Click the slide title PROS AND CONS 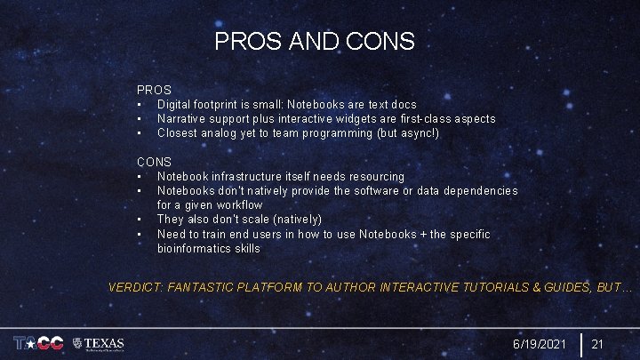(314, 41)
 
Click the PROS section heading (154, 90)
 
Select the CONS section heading (154, 163)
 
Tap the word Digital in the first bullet (176, 105)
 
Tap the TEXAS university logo (99, 343)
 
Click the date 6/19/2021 (539, 344)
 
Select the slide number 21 (598, 344)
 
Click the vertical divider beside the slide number (580, 344)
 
